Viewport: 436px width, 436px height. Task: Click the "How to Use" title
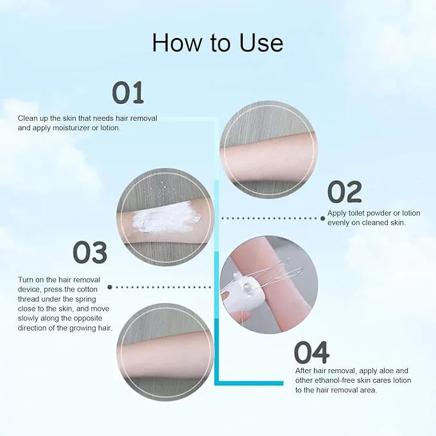pos(218,42)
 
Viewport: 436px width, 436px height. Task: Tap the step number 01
pos(128,93)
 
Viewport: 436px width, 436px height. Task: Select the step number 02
pos(344,192)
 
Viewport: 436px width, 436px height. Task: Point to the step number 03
pos(89,253)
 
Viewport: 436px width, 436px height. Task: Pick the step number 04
pos(311,352)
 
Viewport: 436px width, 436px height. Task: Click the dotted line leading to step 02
pos(272,218)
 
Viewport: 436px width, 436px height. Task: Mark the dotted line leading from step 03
pos(164,287)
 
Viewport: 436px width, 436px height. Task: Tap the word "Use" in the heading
pos(259,42)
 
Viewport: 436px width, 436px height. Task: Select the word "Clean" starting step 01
pos(28,118)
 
